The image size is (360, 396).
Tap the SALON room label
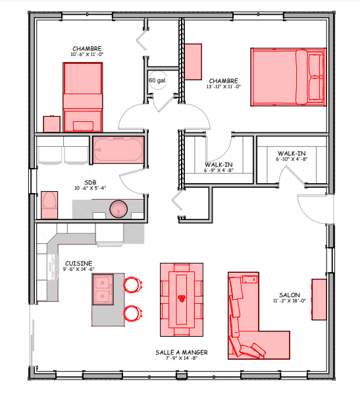pyautogui.click(x=290, y=295)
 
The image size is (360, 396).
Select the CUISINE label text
pyautogui.click(x=78, y=264)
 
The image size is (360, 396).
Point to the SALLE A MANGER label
pyautogui.click(x=182, y=353)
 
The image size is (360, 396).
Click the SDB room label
pyautogui.click(x=90, y=183)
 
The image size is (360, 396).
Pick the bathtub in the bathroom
pyautogui.click(x=118, y=150)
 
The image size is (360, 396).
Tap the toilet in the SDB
pyautogui.click(x=49, y=205)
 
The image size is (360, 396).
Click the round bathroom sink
pyautogui.click(x=118, y=209)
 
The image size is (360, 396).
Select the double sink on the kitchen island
pyautogui.click(x=103, y=289)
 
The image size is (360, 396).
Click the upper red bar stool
pyautogui.click(x=132, y=285)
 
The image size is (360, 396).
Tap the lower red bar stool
pyautogui.click(x=132, y=314)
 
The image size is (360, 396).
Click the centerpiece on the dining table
pyautogui.click(x=182, y=298)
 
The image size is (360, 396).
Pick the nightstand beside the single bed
pyautogui.click(x=52, y=124)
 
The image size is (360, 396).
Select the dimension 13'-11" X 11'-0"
pyautogui.click(x=224, y=86)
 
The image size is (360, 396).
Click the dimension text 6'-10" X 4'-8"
pyautogui.click(x=292, y=159)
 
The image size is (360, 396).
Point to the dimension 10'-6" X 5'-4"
pyautogui.click(x=90, y=188)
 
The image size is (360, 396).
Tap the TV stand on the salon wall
pyautogui.click(x=319, y=300)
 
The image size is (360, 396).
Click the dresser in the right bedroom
pyautogui.click(x=193, y=62)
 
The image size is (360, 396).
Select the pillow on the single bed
pyautogui.click(x=83, y=126)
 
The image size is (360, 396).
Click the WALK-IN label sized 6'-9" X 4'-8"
pyautogui.click(x=219, y=165)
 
